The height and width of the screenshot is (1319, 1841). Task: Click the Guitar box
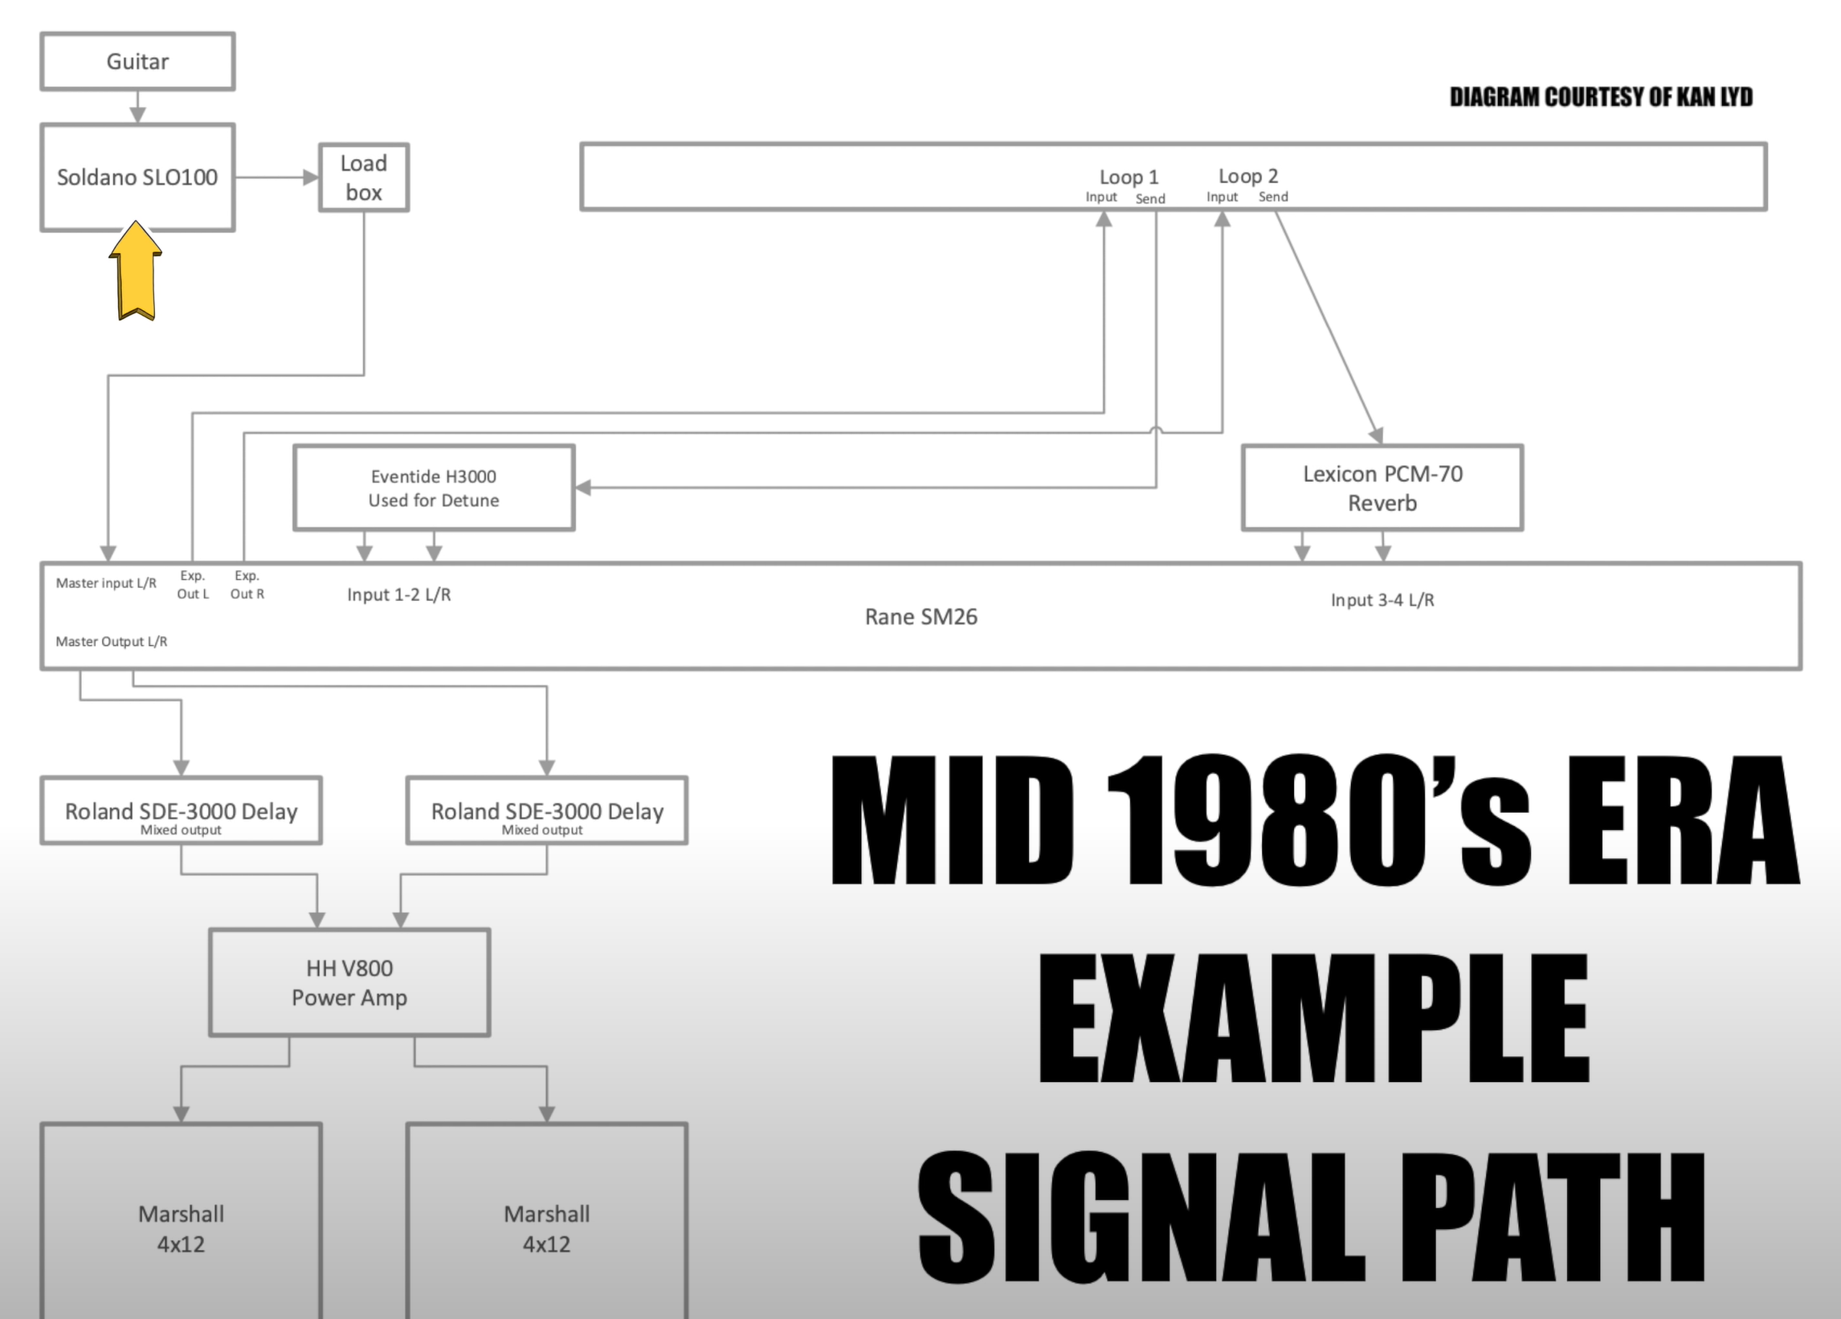137,62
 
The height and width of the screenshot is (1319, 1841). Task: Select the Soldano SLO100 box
137,177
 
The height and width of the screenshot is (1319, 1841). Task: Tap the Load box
364,178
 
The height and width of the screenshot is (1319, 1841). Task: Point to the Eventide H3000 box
434,488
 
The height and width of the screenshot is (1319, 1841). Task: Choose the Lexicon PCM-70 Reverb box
1382,488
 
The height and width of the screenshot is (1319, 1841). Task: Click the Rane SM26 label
920,617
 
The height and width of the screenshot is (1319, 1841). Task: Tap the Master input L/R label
105,583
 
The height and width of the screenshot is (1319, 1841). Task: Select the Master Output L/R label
111,641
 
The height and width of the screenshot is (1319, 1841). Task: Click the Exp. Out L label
193,585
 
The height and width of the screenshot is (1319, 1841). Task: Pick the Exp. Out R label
247,585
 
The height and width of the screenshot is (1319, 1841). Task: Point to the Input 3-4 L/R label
1382,600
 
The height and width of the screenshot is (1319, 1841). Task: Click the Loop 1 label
1129,177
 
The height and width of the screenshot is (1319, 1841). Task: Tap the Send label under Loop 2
1273,197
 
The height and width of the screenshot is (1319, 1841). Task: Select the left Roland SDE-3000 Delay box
181,811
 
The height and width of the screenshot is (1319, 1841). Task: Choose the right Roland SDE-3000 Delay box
546,811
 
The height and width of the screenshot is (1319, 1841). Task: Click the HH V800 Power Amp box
349,982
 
